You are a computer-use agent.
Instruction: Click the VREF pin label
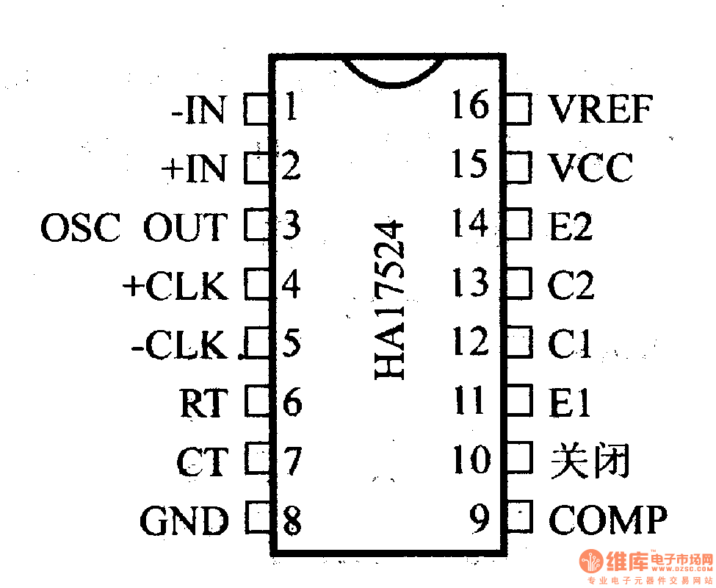(600, 110)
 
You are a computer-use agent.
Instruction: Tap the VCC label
(590, 168)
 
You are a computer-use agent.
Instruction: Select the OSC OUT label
(133, 227)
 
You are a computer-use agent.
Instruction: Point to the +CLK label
(176, 286)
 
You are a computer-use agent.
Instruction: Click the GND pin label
(184, 521)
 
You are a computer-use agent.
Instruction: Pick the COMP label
(608, 520)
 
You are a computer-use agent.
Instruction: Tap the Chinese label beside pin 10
(590, 462)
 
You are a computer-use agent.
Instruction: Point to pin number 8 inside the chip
(292, 520)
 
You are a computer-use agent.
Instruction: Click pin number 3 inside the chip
(292, 226)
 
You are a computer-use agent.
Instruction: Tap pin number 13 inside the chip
(470, 283)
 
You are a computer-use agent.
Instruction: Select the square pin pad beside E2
(518, 224)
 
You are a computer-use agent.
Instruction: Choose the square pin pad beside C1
(518, 342)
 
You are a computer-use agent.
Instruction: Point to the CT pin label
(202, 462)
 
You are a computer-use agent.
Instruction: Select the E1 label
(569, 403)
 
